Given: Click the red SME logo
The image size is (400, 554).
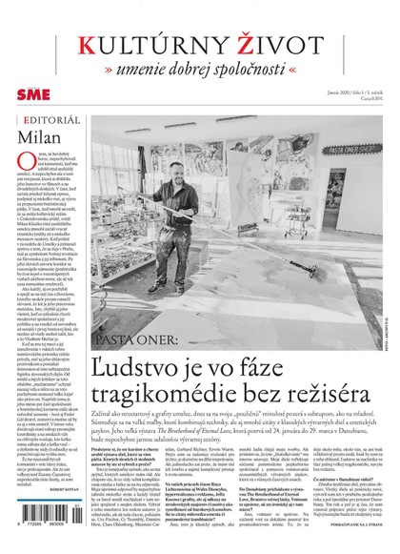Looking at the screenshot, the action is click(x=31, y=97).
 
